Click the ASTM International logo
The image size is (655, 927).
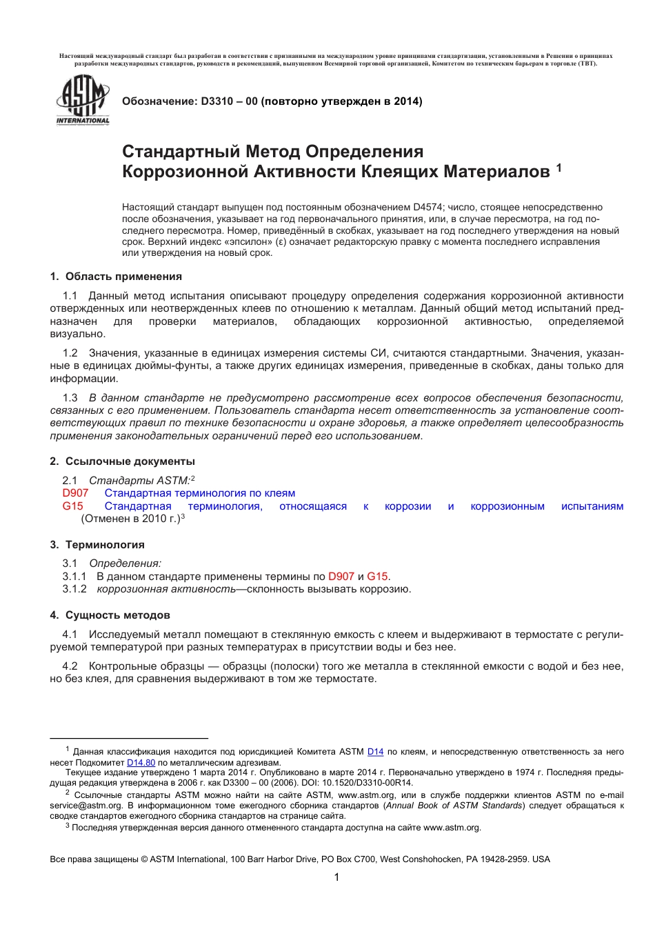pos(83,100)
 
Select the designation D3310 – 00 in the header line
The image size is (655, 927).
pos(229,101)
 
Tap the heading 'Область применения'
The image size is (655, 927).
pos(123,277)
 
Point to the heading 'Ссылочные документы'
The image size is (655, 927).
pos(130,461)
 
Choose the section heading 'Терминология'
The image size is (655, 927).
pos(105,545)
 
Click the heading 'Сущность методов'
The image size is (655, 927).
pos(117,615)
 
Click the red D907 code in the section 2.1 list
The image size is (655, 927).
pos(75,493)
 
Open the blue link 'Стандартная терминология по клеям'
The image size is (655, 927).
pos(199,493)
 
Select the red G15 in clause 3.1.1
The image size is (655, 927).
pos(377,577)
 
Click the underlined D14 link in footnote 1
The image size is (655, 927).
pos(375,752)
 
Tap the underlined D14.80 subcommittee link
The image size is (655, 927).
pos(141,763)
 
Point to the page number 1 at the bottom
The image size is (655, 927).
pos(336,877)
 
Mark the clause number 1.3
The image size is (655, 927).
pos(70,398)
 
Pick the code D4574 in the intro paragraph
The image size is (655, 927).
pos(427,208)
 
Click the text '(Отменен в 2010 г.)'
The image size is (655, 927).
pos(130,519)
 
